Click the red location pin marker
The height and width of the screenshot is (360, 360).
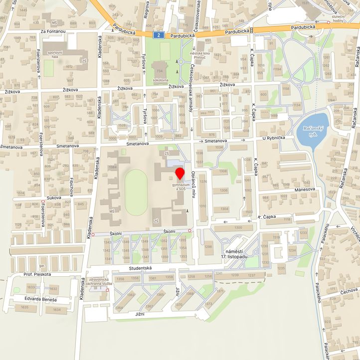pos(180,175)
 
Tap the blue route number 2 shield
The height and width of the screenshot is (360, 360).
pos(158,35)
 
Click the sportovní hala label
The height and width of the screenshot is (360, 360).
pos(55,54)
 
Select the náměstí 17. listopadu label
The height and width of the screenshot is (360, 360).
pos(236,253)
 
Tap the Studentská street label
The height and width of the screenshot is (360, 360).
pos(140,269)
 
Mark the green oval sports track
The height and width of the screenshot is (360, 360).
pos(136,192)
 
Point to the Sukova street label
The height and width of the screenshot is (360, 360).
pos(53,198)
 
